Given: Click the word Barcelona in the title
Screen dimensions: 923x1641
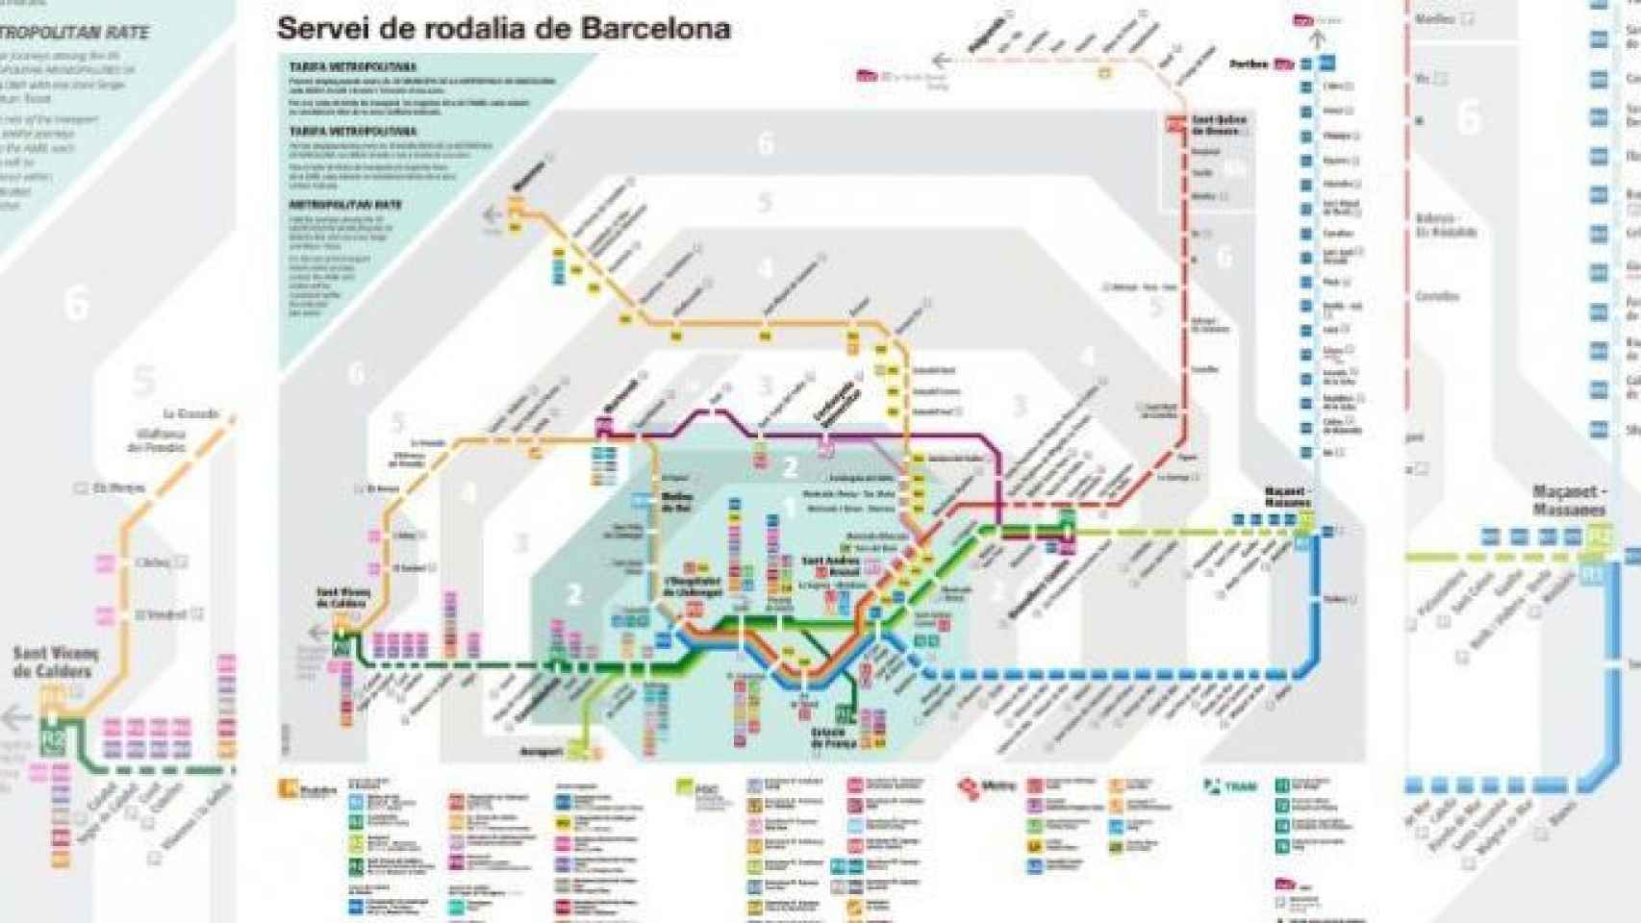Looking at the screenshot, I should tap(655, 29).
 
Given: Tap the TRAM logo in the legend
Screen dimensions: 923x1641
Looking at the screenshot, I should tap(1230, 786).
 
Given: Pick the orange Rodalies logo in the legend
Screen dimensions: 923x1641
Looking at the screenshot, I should tap(308, 789).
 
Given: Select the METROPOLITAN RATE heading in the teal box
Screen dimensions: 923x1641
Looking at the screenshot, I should tap(345, 205).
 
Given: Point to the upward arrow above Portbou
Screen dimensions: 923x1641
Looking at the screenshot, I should tap(1318, 39).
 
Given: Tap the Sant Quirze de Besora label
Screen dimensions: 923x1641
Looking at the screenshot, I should tap(1219, 125).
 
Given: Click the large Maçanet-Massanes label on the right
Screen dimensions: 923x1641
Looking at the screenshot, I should tap(1569, 500).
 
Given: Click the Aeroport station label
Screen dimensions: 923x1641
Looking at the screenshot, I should tap(540, 751).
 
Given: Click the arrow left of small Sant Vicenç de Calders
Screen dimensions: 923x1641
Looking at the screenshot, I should tap(317, 633).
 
